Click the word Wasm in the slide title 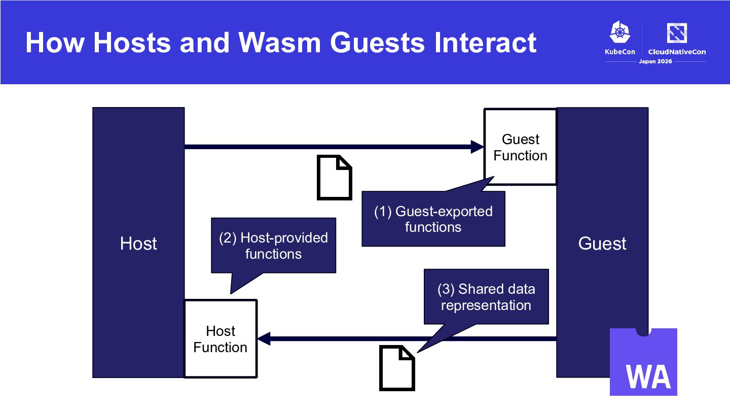[x=280, y=43]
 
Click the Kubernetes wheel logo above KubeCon [x=619, y=32]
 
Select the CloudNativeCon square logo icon [x=677, y=33]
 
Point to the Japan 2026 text [x=655, y=61]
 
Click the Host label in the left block [x=138, y=244]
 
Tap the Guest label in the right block [x=602, y=244]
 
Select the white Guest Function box [x=521, y=147]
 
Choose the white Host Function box [x=221, y=338]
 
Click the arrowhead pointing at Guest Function [x=478, y=147]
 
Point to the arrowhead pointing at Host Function [x=264, y=338]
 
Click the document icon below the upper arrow [x=335, y=178]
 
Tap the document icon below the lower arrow [x=397, y=368]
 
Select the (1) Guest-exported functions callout [x=433, y=219]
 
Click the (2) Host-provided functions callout [x=273, y=246]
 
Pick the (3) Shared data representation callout [x=486, y=297]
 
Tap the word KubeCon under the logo [x=620, y=52]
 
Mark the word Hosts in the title [x=132, y=43]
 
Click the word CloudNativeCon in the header [x=677, y=52]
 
